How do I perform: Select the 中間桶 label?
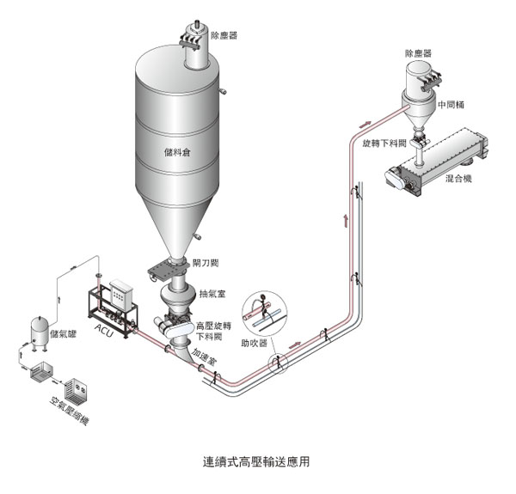tap(452, 105)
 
